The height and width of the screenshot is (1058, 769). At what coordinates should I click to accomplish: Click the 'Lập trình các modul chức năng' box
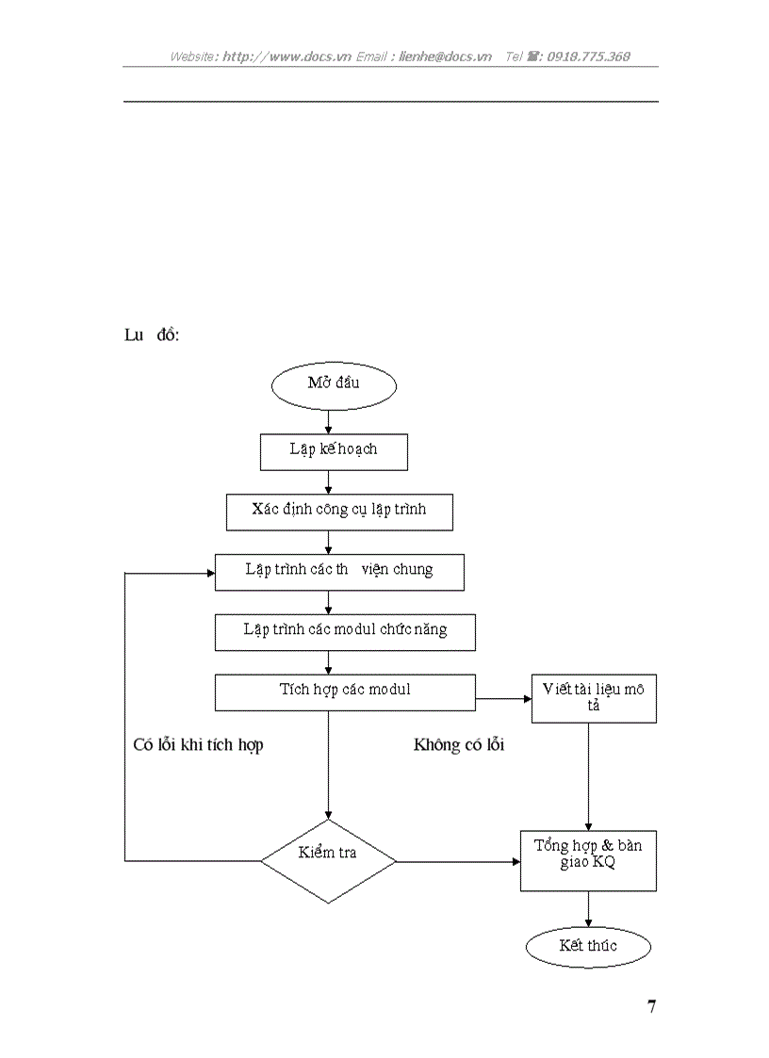point(345,631)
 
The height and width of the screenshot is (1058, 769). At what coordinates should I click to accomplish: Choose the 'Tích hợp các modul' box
point(345,692)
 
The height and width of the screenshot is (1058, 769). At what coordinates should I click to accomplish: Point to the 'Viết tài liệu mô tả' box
point(594,698)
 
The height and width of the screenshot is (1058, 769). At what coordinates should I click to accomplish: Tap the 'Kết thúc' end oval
point(588,946)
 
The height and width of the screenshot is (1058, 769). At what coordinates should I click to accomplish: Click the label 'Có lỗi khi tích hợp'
point(198,745)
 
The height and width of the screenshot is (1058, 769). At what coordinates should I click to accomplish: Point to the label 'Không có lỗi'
point(459,745)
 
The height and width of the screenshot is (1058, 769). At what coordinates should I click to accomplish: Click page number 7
point(651,1006)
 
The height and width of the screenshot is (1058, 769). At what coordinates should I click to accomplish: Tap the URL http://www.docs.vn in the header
point(286,57)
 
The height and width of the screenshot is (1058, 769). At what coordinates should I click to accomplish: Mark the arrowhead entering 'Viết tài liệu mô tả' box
point(526,699)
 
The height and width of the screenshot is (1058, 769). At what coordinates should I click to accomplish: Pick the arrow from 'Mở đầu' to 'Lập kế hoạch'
point(328,420)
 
